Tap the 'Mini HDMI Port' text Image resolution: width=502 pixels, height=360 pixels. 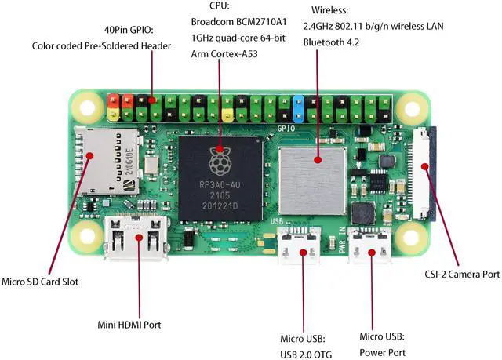(129, 323)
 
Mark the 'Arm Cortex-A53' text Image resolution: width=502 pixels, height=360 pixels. (226, 54)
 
